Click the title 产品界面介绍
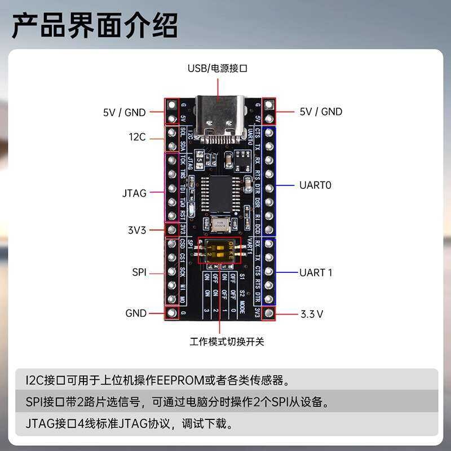click(x=95, y=26)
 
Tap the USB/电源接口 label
click(x=218, y=68)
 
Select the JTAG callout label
click(x=134, y=193)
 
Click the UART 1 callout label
click(x=316, y=272)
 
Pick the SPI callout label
click(x=139, y=272)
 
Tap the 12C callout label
click(x=137, y=137)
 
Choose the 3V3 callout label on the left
click(x=137, y=230)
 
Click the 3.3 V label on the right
click(x=312, y=313)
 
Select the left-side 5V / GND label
click(x=124, y=112)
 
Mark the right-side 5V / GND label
click(x=321, y=112)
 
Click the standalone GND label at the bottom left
click(x=136, y=313)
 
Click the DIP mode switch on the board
click(x=219, y=250)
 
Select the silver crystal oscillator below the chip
click(x=220, y=224)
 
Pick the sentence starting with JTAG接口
click(x=129, y=423)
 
